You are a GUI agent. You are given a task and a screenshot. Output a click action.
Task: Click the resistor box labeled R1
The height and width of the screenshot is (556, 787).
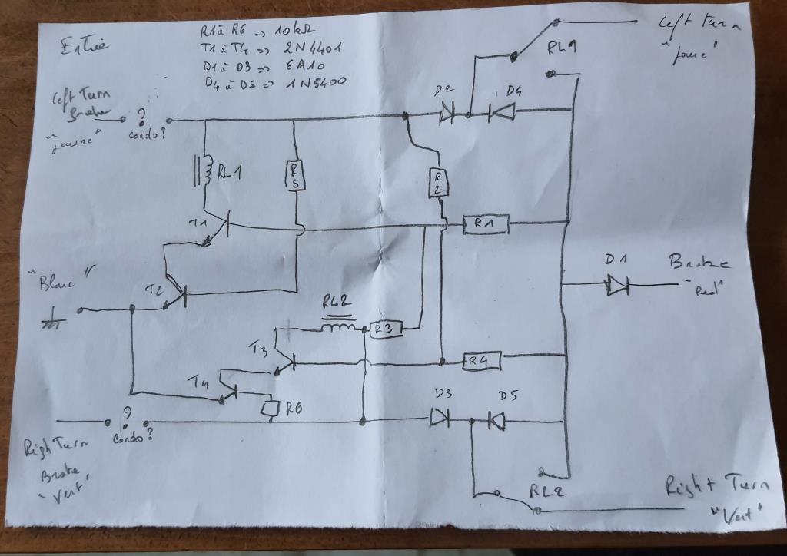[483, 224]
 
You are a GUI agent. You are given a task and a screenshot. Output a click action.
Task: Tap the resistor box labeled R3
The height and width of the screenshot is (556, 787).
[383, 330]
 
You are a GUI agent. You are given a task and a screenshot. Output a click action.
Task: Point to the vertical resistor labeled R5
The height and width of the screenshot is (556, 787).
[295, 176]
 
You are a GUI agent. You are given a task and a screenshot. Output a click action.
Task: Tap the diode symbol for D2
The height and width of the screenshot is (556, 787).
[447, 115]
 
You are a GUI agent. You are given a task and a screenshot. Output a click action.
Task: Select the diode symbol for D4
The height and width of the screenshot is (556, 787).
[503, 114]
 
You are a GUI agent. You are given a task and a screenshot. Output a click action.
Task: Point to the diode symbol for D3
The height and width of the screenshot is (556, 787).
[440, 419]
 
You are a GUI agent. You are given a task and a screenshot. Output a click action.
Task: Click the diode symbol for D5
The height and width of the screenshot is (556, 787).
[496, 421]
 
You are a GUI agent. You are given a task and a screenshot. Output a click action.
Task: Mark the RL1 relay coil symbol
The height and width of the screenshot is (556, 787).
[204, 174]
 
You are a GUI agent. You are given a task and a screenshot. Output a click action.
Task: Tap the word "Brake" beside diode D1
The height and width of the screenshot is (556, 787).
[698, 263]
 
